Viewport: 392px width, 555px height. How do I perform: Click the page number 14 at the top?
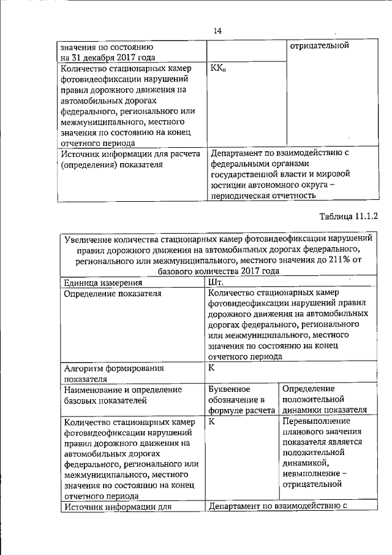(x=217, y=31)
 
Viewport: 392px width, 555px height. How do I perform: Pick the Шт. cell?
(x=216, y=283)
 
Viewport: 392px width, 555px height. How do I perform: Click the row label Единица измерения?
(x=103, y=283)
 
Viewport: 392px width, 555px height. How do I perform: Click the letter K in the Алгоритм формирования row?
(x=212, y=367)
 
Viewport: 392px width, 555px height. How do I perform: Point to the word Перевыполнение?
(x=317, y=421)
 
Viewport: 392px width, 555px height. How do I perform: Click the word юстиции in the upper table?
(x=227, y=185)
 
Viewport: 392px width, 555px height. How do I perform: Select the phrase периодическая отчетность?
(x=263, y=196)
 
